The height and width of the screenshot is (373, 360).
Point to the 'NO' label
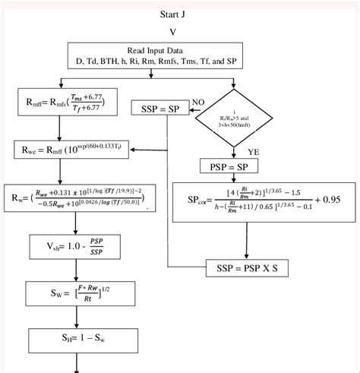[198, 101]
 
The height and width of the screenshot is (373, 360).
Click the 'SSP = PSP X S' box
[248, 267]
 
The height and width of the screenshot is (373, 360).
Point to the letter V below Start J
[172, 32]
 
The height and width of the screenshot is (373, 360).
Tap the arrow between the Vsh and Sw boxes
[77, 270]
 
